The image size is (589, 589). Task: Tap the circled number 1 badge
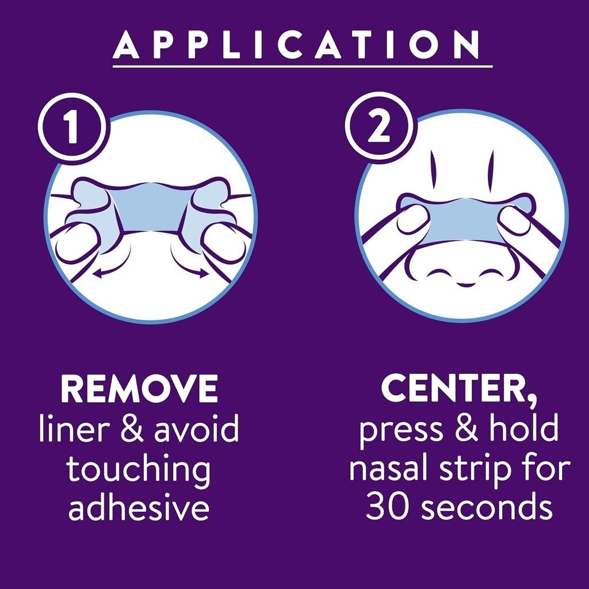71,128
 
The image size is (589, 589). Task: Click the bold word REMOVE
139,389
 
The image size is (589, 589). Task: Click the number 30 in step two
386,507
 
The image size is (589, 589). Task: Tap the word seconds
483,507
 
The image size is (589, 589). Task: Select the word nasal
389,469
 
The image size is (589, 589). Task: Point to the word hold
527,430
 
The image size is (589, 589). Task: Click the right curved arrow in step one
190,265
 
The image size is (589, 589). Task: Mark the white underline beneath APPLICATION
303,67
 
